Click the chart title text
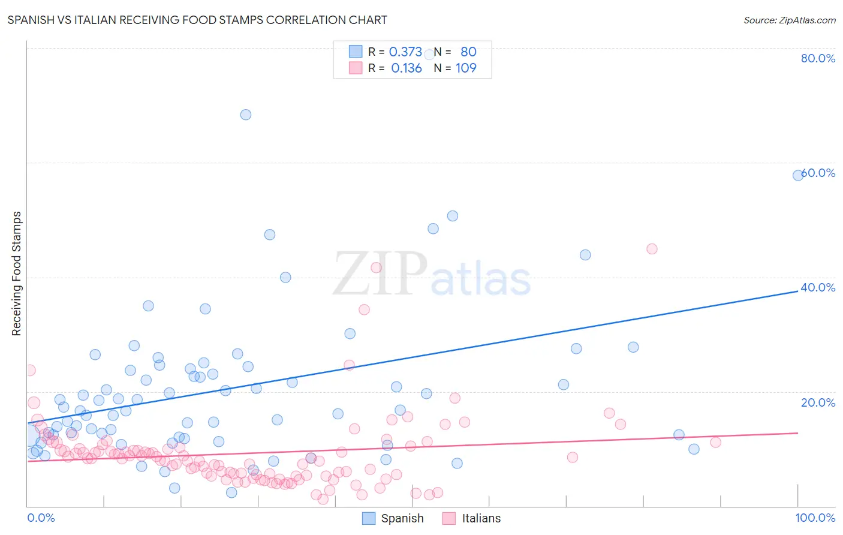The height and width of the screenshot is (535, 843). point(197,20)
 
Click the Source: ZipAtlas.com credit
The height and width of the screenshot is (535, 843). point(789,20)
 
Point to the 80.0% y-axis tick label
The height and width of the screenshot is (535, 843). point(818,58)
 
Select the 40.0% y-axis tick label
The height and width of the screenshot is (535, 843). point(818,287)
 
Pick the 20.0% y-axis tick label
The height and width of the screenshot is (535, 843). point(818,402)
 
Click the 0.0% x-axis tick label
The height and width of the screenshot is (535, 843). point(41,518)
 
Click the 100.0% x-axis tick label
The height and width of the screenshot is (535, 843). point(815,518)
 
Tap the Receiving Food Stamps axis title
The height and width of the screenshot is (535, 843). point(17,273)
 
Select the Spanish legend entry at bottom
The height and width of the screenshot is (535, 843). point(393,518)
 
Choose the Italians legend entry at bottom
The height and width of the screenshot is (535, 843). point(472,518)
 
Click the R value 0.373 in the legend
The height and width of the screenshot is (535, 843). point(405,52)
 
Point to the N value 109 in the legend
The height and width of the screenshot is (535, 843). point(466,68)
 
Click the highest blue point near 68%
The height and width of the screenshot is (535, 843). point(246,115)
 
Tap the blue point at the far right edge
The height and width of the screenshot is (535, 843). point(798,175)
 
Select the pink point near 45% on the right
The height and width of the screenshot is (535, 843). point(652,249)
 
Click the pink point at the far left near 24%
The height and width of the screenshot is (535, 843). point(29,370)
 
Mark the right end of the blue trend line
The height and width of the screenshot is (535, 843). point(798,291)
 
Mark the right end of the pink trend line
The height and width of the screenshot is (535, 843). point(798,432)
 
